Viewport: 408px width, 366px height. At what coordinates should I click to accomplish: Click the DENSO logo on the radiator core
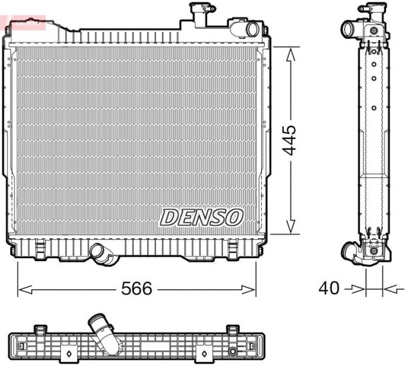(x=202, y=217)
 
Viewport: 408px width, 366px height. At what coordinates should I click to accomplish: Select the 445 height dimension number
(x=290, y=140)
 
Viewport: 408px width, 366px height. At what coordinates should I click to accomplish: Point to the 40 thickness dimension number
(x=329, y=288)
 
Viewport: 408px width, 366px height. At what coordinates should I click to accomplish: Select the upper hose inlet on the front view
(x=247, y=29)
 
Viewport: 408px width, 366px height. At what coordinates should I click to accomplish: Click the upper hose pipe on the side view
(x=350, y=29)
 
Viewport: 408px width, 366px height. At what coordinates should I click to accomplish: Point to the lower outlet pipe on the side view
(x=351, y=250)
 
